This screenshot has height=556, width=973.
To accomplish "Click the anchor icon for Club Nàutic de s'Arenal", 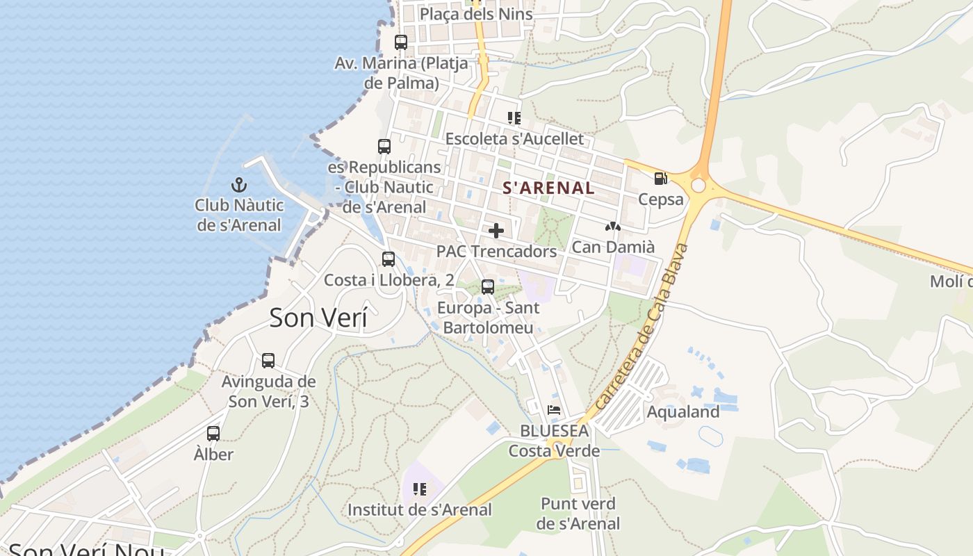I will click(x=239, y=185).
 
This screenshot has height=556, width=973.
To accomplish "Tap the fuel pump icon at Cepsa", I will click(x=660, y=179).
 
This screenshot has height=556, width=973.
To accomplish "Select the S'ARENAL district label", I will click(x=548, y=188).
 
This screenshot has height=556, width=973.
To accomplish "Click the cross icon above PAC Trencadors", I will click(x=496, y=231).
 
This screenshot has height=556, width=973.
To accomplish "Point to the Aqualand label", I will click(x=682, y=411).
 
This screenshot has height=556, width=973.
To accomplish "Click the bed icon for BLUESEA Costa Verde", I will click(x=554, y=410).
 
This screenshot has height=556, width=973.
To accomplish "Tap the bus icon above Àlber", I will click(x=213, y=434).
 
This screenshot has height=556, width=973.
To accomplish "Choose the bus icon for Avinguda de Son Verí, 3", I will click(x=268, y=361).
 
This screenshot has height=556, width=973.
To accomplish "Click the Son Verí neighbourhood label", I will click(x=318, y=318).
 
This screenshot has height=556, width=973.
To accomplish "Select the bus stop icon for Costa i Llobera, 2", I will click(x=389, y=259).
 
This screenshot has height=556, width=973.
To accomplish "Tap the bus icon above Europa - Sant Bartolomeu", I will click(x=488, y=286).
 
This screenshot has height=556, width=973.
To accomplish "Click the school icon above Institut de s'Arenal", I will click(x=419, y=489).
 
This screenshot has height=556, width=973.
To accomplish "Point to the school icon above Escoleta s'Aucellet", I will click(x=514, y=118).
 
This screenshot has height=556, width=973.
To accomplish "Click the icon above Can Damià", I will click(x=612, y=227).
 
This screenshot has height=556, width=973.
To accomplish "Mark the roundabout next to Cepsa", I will click(x=698, y=186).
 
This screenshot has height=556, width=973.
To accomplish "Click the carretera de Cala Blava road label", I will click(x=641, y=327).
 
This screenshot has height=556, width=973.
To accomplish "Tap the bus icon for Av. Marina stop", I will click(x=401, y=42).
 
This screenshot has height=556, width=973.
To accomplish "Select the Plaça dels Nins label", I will click(x=476, y=14).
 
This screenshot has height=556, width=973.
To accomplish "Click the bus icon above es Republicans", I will click(x=384, y=147).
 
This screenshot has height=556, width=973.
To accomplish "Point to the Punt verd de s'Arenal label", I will click(x=578, y=513).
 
